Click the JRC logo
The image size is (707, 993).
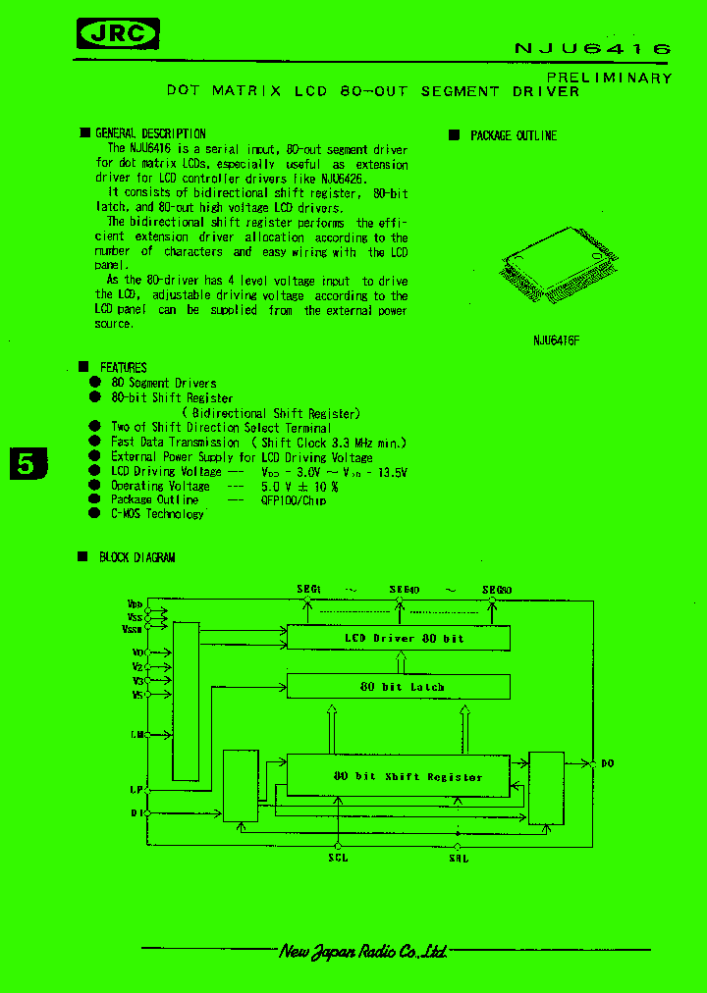click(x=118, y=35)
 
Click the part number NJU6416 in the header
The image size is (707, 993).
click(x=592, y=48)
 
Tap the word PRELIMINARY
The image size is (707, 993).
click(x=609, y=78)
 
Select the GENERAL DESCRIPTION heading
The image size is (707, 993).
click(x=149, y=133)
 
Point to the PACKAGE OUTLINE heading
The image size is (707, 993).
click(x=513, y=135)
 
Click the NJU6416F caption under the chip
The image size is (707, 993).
click(x=556, y=340)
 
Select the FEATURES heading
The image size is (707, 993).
click(x=123, y=367)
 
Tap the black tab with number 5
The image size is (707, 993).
click(x=27, y=463)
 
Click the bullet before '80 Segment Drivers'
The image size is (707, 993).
click(x=95, y=383)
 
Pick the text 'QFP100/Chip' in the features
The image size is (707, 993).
click(x=293, y=499)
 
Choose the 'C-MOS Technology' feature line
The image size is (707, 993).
click(x=157, y=514)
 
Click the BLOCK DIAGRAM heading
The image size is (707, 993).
click(x=136, y=557)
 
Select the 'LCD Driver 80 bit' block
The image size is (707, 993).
click(x=398, y=638)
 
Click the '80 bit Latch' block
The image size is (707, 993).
click(x=398, y=687)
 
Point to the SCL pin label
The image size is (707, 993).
click(x=338, y=858)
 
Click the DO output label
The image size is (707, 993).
click(x=608, y=762)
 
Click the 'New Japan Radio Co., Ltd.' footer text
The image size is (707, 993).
click(x=363, y=951)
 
